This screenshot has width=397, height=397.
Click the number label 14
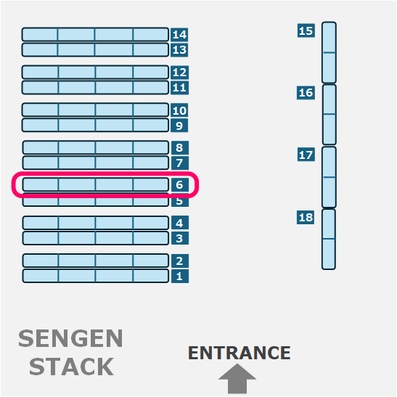tap(179, 34)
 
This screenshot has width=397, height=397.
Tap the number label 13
tap(179, 50)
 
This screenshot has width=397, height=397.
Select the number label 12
tap(179, 73)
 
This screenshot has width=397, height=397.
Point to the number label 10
tap(179, 110)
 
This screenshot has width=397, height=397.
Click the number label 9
tap(179, 126)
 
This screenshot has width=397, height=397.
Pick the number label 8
tap(180, 147)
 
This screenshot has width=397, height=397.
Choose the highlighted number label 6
tap(180, 185)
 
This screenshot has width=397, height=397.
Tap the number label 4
tap(180, 223)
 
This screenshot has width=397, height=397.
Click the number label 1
tap(180, 276)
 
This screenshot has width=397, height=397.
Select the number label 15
tap(306, 30)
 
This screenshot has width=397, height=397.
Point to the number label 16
tap(306, 93)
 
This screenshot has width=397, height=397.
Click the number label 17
tap(306, 155)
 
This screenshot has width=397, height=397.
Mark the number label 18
tap(306, 218)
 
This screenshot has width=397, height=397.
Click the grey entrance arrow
tap(237, 379)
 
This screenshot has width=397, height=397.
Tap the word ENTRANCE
tap(240, 353)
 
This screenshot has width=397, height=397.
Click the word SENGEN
tap(70, 338)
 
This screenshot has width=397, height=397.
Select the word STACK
tap(71, 367)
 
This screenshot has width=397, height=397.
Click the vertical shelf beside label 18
tap(329, 240)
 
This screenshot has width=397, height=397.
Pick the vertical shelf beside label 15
tap(330, 52)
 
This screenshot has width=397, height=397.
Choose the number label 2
tap(180, 261)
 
